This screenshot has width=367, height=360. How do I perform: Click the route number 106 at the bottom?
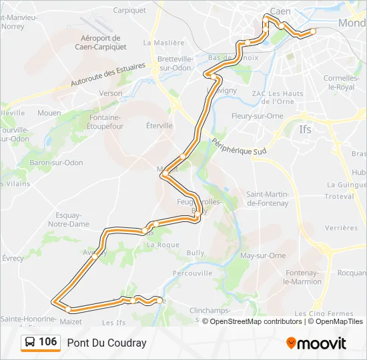click(x=47, y=342)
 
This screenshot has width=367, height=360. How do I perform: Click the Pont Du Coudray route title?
click(x=106, y=343)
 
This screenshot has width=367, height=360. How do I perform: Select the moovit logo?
click(x=316, y=343)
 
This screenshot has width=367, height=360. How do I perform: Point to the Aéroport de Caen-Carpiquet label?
click(x=100, y=42)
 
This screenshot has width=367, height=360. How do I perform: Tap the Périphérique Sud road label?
click(x=239, y=147)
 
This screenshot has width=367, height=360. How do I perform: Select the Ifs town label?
click(x=305, y=129)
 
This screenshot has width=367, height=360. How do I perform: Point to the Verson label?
click(x=110, y=93)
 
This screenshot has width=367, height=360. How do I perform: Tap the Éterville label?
click(x=159, y=125)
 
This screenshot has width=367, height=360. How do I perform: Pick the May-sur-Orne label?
click(x=263, y=255)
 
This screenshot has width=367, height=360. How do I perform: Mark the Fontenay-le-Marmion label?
click(x=303, y=277)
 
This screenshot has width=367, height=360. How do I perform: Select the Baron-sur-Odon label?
click(x=53, y=163)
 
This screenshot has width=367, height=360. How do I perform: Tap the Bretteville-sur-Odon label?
click(x=175, y=63)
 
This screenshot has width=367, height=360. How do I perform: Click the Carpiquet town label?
click(x=129, y=10)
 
